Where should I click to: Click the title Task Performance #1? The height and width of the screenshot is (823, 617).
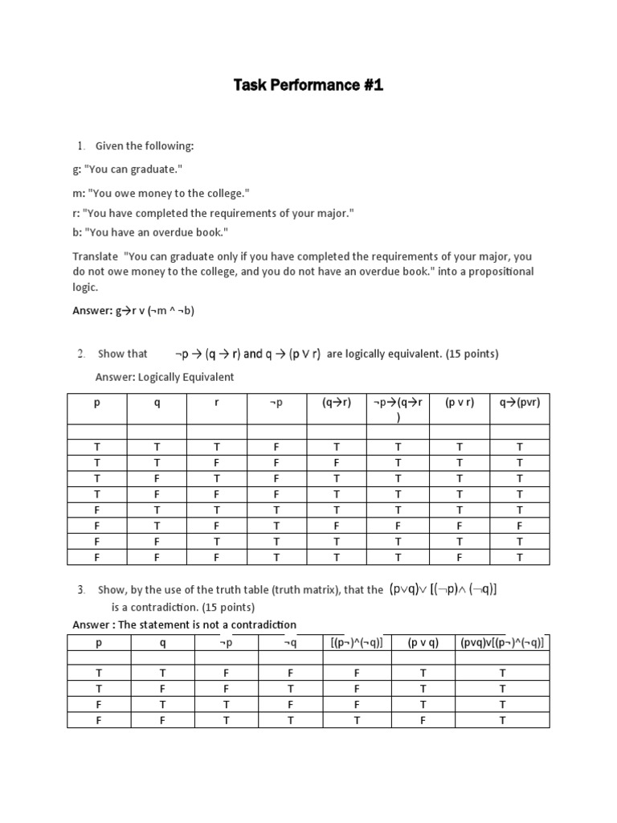click(308, 84)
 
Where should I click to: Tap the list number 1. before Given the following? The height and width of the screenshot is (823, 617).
click(81, 145)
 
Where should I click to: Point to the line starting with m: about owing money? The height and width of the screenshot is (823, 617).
click(161, 194)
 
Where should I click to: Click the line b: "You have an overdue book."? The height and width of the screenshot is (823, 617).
click(150, 232)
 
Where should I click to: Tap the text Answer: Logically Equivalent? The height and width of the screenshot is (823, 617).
click(164, 377)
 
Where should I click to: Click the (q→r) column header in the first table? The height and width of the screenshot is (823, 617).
click(337, 403)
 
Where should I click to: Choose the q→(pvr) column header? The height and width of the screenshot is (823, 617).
click(519, 403)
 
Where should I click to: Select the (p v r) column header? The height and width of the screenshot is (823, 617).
click(460, 403)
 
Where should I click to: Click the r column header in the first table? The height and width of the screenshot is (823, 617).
click(217, 403)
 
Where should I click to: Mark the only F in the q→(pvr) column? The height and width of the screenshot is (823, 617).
click(519, 526)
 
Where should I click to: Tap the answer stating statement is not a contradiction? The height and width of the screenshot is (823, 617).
click(184, 624)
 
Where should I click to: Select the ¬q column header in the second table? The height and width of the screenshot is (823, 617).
click(290, 643)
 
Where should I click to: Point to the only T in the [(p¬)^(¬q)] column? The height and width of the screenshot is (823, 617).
click(356, 720)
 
